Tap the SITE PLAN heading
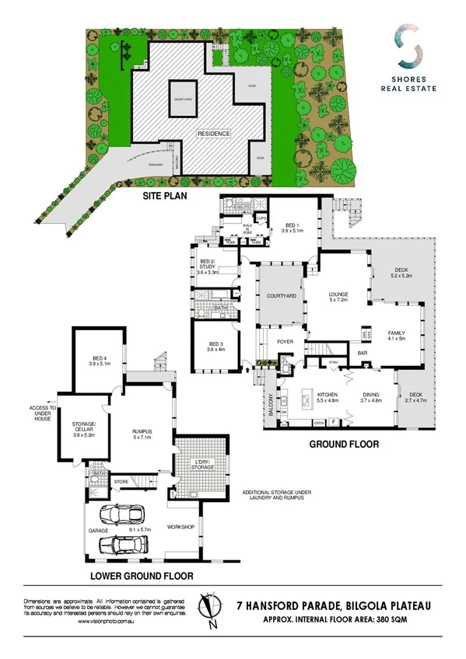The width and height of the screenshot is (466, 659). (165, 197)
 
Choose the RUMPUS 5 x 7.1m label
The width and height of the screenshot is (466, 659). (142, 435)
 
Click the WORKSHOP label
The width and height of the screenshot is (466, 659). (180, 528)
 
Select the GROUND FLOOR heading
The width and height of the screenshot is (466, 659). (344, 445)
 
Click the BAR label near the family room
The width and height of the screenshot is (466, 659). (362, 354)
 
